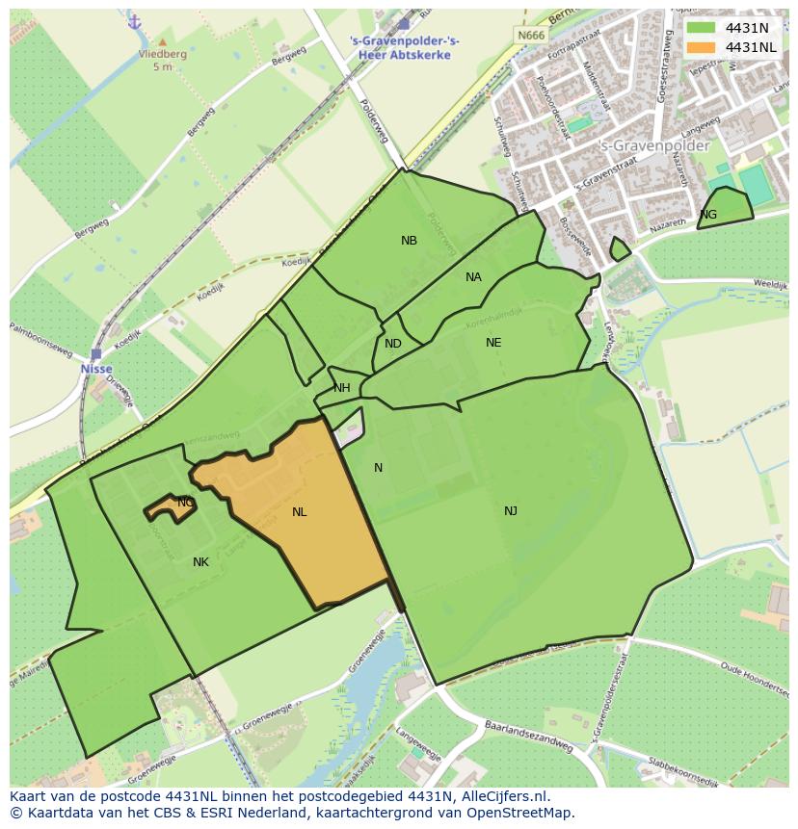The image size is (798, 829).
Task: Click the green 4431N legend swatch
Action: click(x=701, y=28)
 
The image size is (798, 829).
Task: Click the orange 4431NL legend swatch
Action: click(x=701, y=47)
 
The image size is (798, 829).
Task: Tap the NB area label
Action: click(x=410, y=241)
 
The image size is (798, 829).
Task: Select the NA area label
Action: click(x=473, y=277)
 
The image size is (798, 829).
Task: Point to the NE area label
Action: click(x=493, y=343)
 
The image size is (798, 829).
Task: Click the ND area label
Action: click(x=393, y=344)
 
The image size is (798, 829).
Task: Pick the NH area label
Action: click(x=342, y=388)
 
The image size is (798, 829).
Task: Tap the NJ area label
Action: click(x=511, y=511)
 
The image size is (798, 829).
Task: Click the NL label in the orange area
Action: click(x=300, y=512)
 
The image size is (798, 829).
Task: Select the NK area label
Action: click(x=200, y=562)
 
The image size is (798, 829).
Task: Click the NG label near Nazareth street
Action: click(x=708, y=215)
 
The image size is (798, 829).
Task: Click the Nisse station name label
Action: click(x=96, y=369)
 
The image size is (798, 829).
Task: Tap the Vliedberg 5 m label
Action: click(x=160, y=61)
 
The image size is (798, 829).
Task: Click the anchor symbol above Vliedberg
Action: click(x=135, y=21)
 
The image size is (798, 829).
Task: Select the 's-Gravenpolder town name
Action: click(x=654, y=146)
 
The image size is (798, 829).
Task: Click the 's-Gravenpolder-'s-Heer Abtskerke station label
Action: click(x=404, y=47)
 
